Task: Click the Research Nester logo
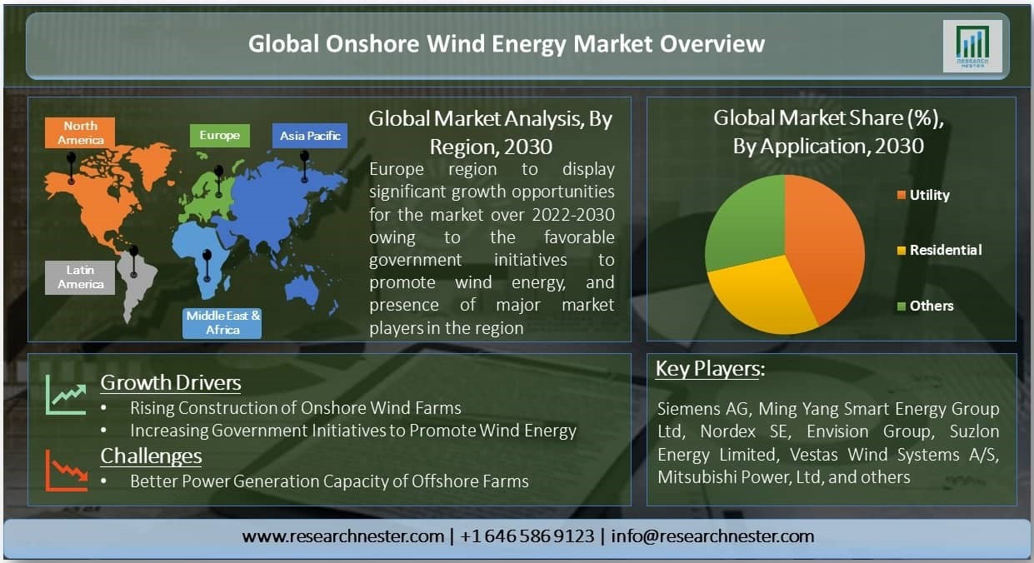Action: click(972, 46)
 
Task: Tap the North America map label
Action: click(80, 133)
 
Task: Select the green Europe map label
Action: click(220, 135)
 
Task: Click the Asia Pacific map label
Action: click(310, 136)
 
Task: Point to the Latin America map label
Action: click(80, 277)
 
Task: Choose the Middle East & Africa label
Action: click(222, 323)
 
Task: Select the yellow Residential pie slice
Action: click(762, 296)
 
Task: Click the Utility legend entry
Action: click(923, 195)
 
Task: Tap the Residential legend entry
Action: click(939, 250)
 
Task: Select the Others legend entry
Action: click(925, 306)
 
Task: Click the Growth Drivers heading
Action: click(171, 383)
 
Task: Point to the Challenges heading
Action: click(151, 456)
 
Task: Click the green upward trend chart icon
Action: click(66, 395)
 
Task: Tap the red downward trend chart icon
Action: click(66, 471)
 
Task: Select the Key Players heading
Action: click(710, 369)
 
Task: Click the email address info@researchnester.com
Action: click(712, 536)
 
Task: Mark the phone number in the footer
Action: click(527, 536)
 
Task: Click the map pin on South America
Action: click(134, 262)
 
